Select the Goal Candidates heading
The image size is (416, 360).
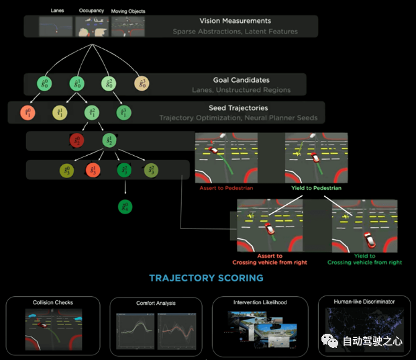[240, 80]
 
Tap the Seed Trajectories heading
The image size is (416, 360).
[238, 107]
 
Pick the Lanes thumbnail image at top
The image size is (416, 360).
[55, 26]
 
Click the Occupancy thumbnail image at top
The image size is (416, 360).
[92, 26]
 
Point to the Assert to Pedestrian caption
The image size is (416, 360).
[226, 188]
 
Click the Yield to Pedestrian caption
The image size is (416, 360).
[316, 188]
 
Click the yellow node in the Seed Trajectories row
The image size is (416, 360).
[60, 112]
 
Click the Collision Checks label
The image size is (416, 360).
[53, 303]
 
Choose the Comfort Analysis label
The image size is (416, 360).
[156, 304]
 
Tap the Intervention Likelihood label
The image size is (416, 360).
[260, 303]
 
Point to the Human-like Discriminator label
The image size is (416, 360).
[364, 302]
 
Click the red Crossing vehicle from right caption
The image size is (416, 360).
[269, 263]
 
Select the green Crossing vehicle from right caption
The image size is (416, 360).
[364, 263]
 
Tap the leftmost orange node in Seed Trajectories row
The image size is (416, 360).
[27, 112]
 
